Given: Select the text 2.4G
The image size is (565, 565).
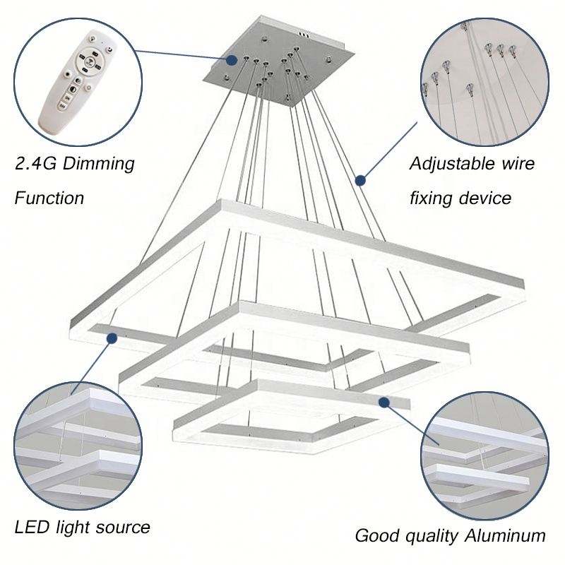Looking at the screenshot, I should coord(33,165).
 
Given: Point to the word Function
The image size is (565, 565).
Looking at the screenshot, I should coord(49,198).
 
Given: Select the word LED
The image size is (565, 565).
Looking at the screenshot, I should coord(30,527).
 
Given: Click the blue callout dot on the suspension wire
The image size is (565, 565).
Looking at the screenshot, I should coord(360,180).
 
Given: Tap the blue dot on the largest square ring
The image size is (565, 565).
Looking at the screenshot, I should coord(112,339).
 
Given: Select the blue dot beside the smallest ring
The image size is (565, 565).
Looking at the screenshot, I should coord(383,402).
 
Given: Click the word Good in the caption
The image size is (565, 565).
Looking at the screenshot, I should coord(374,535).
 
